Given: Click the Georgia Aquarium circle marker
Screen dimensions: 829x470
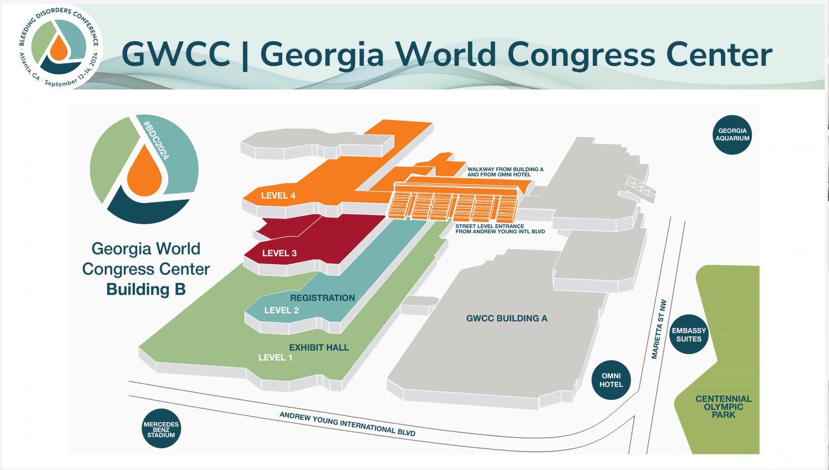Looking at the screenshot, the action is tap(732, 135).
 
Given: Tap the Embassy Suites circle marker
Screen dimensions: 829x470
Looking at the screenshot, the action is tap(689, 335).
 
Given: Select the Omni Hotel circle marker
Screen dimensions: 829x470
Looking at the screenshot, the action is tap(611, 380).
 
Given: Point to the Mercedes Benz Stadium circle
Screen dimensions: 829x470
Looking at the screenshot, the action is tap(161, 429).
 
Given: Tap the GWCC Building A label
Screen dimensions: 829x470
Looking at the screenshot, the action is tap(507, 318).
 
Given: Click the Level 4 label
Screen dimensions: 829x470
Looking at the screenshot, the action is tap(278, 196).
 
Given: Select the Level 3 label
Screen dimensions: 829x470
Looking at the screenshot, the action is tap(279, 253).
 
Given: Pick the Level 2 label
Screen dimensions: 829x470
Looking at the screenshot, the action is tap(281, 310).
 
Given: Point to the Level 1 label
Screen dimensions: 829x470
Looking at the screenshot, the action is tap(275, 357).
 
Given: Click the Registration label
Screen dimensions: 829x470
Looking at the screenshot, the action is tap(322, 298).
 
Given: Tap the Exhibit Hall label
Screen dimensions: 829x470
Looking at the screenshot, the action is tap(319, 348).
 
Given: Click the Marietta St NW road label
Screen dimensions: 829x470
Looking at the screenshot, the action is tap(658, 329).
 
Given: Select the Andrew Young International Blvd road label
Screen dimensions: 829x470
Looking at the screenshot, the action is tap(347, 424).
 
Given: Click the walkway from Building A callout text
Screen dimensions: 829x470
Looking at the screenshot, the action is tap(505, 172).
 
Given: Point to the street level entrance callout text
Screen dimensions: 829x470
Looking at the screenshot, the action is tap(500, 229).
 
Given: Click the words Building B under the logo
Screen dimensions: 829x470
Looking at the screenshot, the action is tap(146, 289).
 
